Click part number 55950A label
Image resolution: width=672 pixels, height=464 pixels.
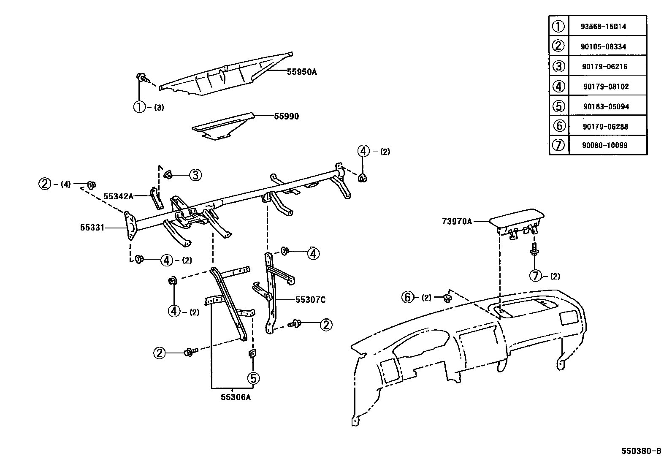(301, 72)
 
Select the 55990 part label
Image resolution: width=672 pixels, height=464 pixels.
(286, 117)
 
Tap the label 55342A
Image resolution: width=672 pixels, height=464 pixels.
(118, 196)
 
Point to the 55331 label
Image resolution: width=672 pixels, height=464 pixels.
(92, 228)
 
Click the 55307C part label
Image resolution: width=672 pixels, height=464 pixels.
(310, 300)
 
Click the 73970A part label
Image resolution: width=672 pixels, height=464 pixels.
(457, 221)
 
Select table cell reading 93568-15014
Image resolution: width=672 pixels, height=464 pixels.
(603, 26)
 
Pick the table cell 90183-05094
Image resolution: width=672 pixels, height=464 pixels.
(606, 106)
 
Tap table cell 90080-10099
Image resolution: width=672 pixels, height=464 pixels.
(604, 145)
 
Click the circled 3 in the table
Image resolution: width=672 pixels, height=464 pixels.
(558, 66)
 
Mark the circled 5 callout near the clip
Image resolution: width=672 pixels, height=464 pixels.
(253, 378)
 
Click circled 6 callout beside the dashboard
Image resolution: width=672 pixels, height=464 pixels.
(407, 298)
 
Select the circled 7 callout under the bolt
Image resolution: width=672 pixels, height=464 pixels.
(535, 276)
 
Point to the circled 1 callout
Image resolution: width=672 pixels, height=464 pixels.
(139, 107)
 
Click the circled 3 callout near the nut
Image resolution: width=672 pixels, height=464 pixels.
(195, 175)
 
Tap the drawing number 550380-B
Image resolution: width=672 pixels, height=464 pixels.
(641, 450)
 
